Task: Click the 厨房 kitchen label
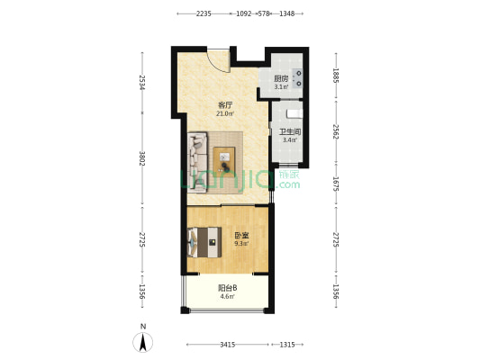(281, 78)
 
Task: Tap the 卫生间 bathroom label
(290, 132)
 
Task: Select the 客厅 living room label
(225, 105)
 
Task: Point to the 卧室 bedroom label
(241, 236)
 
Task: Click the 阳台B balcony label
(228, 288)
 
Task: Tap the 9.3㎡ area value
(241, 244)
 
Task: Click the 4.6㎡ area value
(228, 296)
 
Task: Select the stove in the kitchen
(297, 78)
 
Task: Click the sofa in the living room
(197, 162)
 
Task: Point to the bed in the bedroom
(204, 242)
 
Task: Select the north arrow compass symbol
(142, 342)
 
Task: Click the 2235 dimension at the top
(204, 13)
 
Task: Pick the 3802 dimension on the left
(141, 158)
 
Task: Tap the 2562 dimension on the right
(336, 131)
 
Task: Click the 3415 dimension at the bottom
(228, 345)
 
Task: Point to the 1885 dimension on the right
(336, 76)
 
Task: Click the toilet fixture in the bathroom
(294, 113)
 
